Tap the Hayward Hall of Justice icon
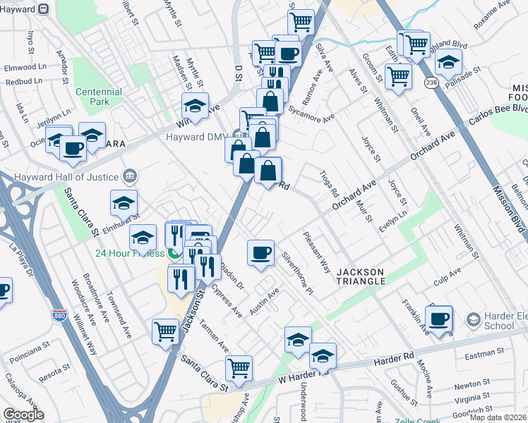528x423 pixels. (129, 175)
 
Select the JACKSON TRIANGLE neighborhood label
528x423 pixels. (360, 276)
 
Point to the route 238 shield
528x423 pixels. (431, 83)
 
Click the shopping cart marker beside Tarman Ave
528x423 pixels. (165, 330)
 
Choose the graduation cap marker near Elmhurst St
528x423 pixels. (124, 203)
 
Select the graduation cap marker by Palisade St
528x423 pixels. (448, 63)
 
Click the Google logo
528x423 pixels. (23, 415)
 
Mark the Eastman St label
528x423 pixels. (484, 351)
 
